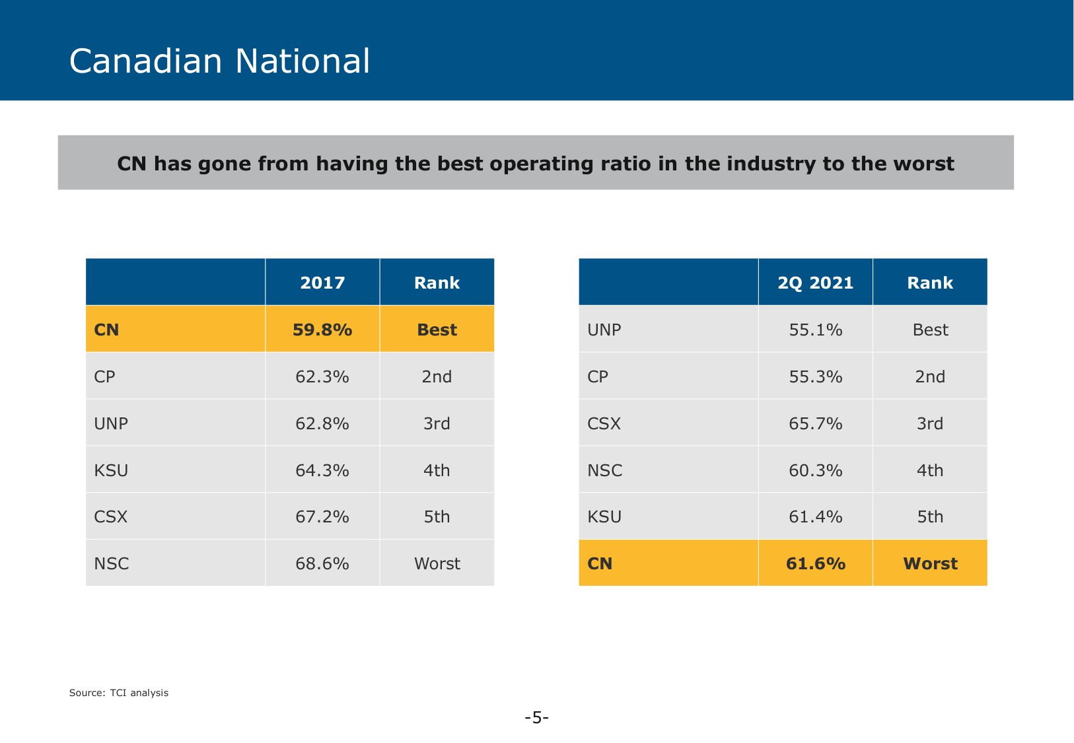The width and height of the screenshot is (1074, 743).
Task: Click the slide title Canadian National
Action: coord(219,61)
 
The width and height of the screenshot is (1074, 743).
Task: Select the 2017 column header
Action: coord(322,283)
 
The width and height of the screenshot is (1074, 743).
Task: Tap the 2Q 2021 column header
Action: coord(815,283)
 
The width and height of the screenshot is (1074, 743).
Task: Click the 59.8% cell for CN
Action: coord(322,330)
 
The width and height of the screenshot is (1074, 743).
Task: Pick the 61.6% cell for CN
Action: coord(815,563)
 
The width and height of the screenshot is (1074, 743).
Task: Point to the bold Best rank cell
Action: coord(437,330)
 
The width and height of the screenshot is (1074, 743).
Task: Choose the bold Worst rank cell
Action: coord(930,563)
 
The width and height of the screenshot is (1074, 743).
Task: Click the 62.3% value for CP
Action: coord(322,376)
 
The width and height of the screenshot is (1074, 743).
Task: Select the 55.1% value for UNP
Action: coord(815,330)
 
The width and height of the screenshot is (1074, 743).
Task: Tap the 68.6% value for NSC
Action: coord(322,563)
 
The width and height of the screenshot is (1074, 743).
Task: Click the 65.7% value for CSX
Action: coord(815,423)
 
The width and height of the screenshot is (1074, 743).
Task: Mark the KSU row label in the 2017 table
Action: coord(111,470)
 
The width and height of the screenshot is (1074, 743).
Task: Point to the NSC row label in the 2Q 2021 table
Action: coord(604,470)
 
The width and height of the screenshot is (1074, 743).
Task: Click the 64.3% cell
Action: coord(322,470)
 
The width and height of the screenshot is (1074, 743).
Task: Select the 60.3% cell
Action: coord(815,470)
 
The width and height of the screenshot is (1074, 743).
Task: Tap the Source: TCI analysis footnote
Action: coord(119,693)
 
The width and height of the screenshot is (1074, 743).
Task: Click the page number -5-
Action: coord(536,717)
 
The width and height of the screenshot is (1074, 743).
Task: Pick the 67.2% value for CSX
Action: coord(322,516)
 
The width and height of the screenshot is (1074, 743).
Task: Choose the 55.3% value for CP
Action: coord(815,376)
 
